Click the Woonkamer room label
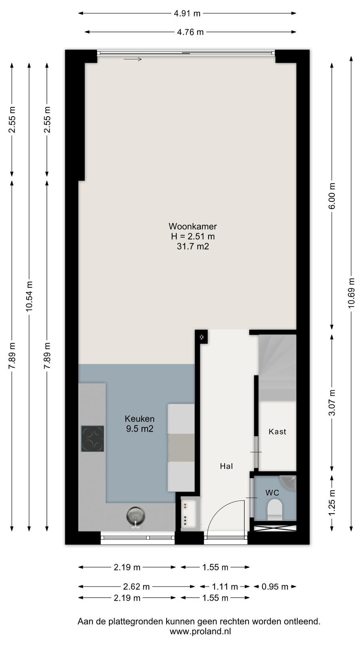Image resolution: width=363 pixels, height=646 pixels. click(x=193, y=226)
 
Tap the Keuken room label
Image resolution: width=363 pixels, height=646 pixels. click(x=140, y=418)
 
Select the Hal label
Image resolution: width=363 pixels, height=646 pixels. click(x=226, y=466)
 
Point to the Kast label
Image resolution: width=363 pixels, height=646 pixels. click(x=277, y=432)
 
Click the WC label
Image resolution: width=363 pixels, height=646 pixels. click(x=272, y=493)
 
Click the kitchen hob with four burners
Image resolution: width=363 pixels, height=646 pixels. click(x=92, y=438)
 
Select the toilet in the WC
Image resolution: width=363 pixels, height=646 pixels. click(x=275, y=511)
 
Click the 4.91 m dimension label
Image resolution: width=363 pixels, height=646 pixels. click(x=187, y=13)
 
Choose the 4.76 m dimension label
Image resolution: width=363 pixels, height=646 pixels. click(x=190, y=32)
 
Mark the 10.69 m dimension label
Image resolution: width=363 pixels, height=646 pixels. click(x=351, y=293)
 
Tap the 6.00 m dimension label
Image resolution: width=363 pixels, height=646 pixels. click(x=332, y=196)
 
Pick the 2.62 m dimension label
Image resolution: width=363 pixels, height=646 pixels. click(x=136, y=586)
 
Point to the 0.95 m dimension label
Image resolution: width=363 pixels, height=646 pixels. click(x=275, y=586)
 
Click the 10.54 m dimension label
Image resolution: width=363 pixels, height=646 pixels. click(x=29, y=296)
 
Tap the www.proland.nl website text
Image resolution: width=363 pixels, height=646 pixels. click(x=200, y=631)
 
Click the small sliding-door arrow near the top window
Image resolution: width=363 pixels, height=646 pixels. click(x=133, y=59)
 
